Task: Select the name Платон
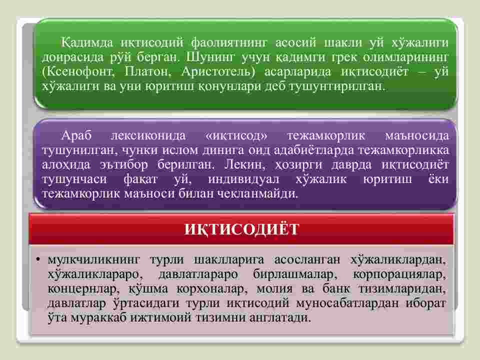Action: click(x=147, y=71)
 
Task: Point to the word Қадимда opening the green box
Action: click(x=87, y=42)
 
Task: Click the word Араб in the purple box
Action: click(x=76, y=135)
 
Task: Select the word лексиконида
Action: click(x=148, y=135)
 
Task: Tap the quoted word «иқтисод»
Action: click(x=236, y=135)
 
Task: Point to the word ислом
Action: click(x=180, y=150)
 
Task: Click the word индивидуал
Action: click(x=243, y=179)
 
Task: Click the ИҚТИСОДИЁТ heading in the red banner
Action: click(x=241, y=229)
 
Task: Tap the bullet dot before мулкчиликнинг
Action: click(x=38, y=260)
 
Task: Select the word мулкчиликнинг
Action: click(x=93, y=260)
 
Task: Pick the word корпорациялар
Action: click(x=399, y=274)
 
